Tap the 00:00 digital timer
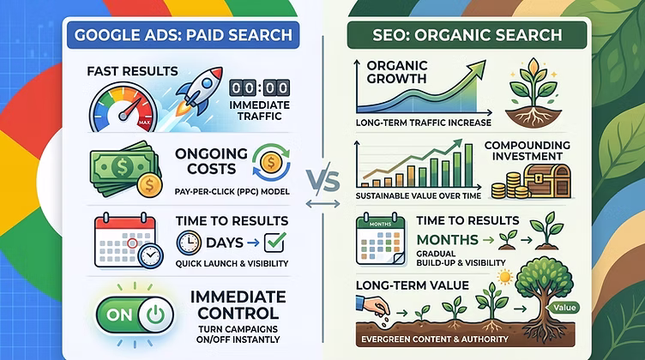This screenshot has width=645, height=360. pos(260,88)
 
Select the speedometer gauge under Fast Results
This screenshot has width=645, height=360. pos(123,108)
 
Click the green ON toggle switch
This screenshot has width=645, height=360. pos(135,315)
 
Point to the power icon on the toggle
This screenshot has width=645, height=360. pos(155,315)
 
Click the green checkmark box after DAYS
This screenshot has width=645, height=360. pos(274,243)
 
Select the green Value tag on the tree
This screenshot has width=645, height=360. pos(564,308)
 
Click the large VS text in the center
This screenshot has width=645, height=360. pos(322,181)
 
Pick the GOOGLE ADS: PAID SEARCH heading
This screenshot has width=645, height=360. pos(183,35)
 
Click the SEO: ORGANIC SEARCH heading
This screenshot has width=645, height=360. pos(467,35)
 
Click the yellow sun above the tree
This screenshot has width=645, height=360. pos(504,277)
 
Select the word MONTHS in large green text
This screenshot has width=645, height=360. pos(448,240)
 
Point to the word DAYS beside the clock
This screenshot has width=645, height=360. pos(225,243)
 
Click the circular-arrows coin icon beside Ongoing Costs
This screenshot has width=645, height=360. pos(271,163)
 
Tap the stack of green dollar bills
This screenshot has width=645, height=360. pos(124,169)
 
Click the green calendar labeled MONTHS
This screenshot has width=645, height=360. pos(381,240)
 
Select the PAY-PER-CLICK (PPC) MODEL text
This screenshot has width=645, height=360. pos(232,191)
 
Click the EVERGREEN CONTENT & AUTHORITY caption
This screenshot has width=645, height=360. pos(435,339)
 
